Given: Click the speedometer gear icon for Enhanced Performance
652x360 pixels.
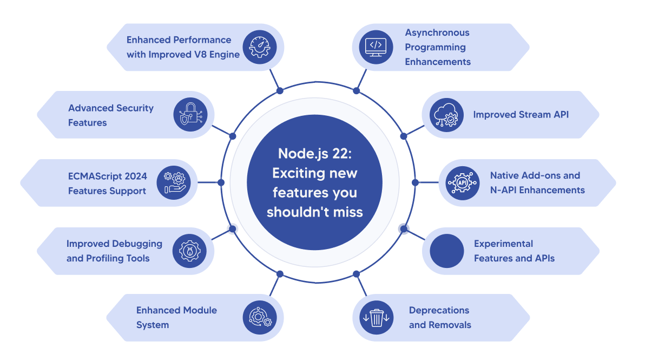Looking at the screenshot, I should (259, 47).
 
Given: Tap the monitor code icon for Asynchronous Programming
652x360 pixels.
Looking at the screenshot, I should (376, 47).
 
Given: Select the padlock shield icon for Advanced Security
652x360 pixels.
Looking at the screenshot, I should (190, 115).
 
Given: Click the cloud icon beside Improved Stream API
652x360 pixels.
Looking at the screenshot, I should (446, 115).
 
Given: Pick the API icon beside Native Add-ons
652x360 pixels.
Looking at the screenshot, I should (463, 183).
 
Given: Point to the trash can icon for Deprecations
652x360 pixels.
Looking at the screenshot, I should (376, 318).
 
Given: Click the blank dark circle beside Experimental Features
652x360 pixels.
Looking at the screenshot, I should (447, 251).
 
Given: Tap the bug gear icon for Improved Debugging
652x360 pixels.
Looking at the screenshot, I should (190, 251).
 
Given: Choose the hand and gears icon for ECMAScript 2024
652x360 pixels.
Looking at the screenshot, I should (174, 183).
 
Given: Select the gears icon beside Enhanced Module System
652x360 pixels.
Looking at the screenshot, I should (259, 318).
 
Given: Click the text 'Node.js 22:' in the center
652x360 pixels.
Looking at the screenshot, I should (315, 154).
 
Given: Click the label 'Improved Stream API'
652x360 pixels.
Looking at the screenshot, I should (521, 115).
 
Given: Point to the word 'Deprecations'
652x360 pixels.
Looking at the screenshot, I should (439, 310).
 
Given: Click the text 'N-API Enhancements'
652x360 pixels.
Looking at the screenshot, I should (537, 190).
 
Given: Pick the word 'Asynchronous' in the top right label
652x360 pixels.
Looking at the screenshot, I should (437, 32).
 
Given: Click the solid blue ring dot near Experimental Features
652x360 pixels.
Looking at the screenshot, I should (404, 229).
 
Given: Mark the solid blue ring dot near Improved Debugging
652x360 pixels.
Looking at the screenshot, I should (233, 229).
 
